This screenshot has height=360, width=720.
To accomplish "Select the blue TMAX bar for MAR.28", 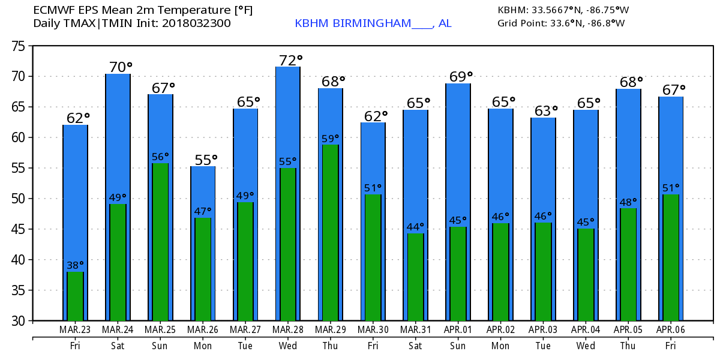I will point(287,114).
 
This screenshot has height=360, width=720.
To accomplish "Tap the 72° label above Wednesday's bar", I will point(291,60).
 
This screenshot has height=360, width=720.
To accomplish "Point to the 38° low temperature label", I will point(75,265).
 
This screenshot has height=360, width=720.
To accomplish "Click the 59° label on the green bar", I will point(330,138).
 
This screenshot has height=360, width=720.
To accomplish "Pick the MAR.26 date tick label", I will point(202,329).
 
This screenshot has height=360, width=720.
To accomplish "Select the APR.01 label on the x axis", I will point(458,329).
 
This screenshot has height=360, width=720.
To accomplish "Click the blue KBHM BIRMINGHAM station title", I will point(373,23).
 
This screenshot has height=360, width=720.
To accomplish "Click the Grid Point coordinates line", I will point(561,23).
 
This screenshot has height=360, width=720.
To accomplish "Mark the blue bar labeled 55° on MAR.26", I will point(202,192).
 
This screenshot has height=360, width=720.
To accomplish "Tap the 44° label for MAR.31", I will point(415,227).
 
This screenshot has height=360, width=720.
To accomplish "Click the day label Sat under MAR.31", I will point(415,345).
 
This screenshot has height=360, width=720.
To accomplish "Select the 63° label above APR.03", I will point(546,111).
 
